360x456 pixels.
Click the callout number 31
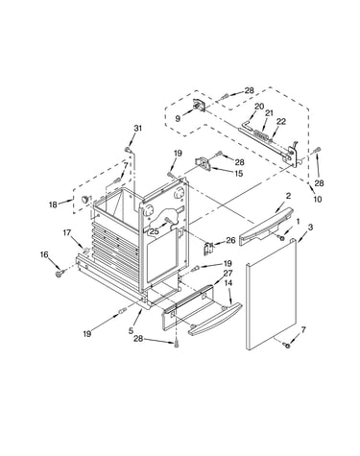coord(137,129)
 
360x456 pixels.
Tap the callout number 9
coord(178,118)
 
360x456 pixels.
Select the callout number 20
coord(259,107)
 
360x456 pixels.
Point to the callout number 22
coord(281,121)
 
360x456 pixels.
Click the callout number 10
coord(317,199)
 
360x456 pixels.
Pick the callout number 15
coord(239,173)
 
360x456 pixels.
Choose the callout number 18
coord(53,204)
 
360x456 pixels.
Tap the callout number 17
coord(67,232)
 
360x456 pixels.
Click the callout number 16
coord(44,254)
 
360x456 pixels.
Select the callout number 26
coord(230,240)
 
